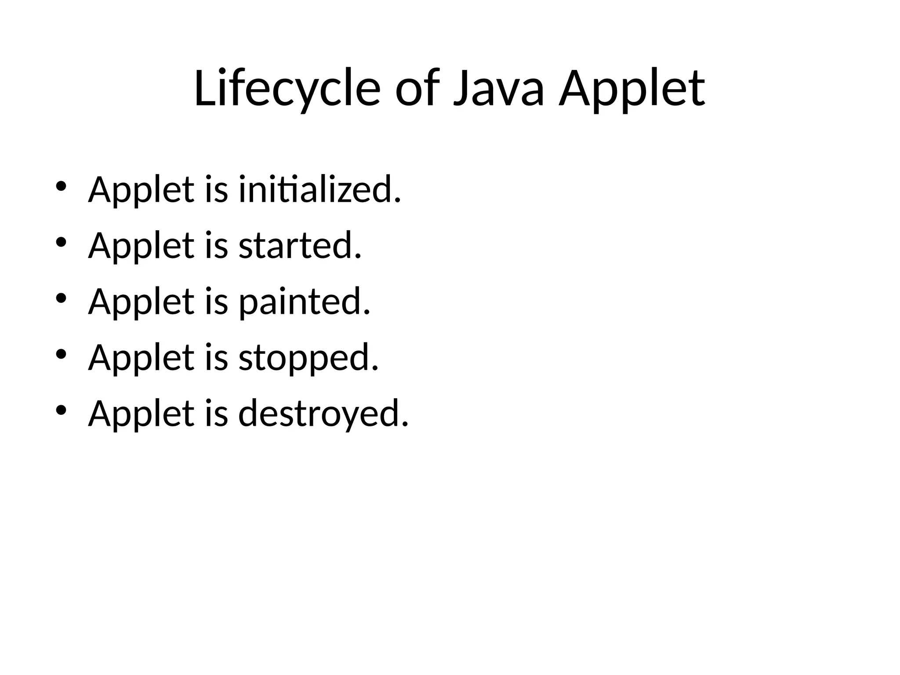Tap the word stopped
pyautogui.click(x=308, y=358)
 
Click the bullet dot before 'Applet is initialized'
pyautogui.click(x=61, y=186)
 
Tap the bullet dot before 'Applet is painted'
pyautogui.click(x=61, y=298)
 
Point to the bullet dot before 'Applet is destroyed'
pyautogui.click(x=61, y=410)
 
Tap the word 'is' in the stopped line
pyautogui.click(x=216, y=358)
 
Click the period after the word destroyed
pyautogui.click(x=405, y=424)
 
